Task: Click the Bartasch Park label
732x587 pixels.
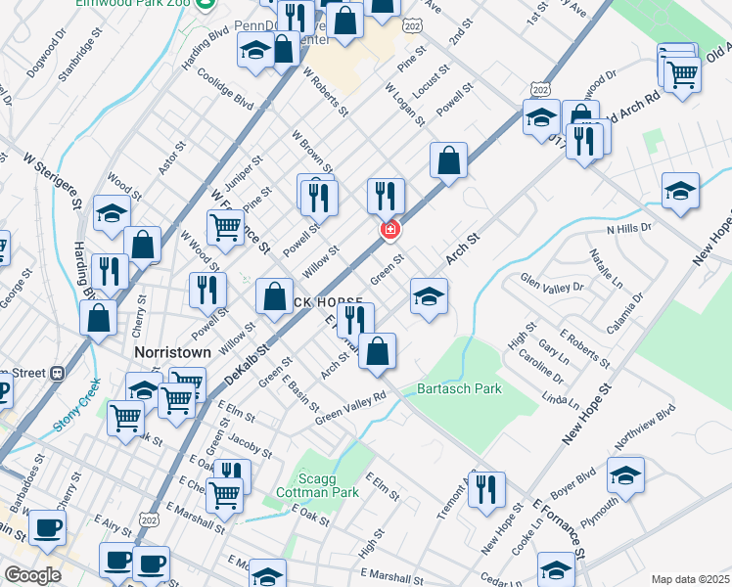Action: point(459,389)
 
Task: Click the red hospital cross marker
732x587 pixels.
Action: point(389,229)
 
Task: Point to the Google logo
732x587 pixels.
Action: point(32,575)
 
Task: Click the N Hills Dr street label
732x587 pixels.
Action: point(628,229)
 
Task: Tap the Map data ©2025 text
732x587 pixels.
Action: point(690,579)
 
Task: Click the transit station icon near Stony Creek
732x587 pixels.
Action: point(58,372)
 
